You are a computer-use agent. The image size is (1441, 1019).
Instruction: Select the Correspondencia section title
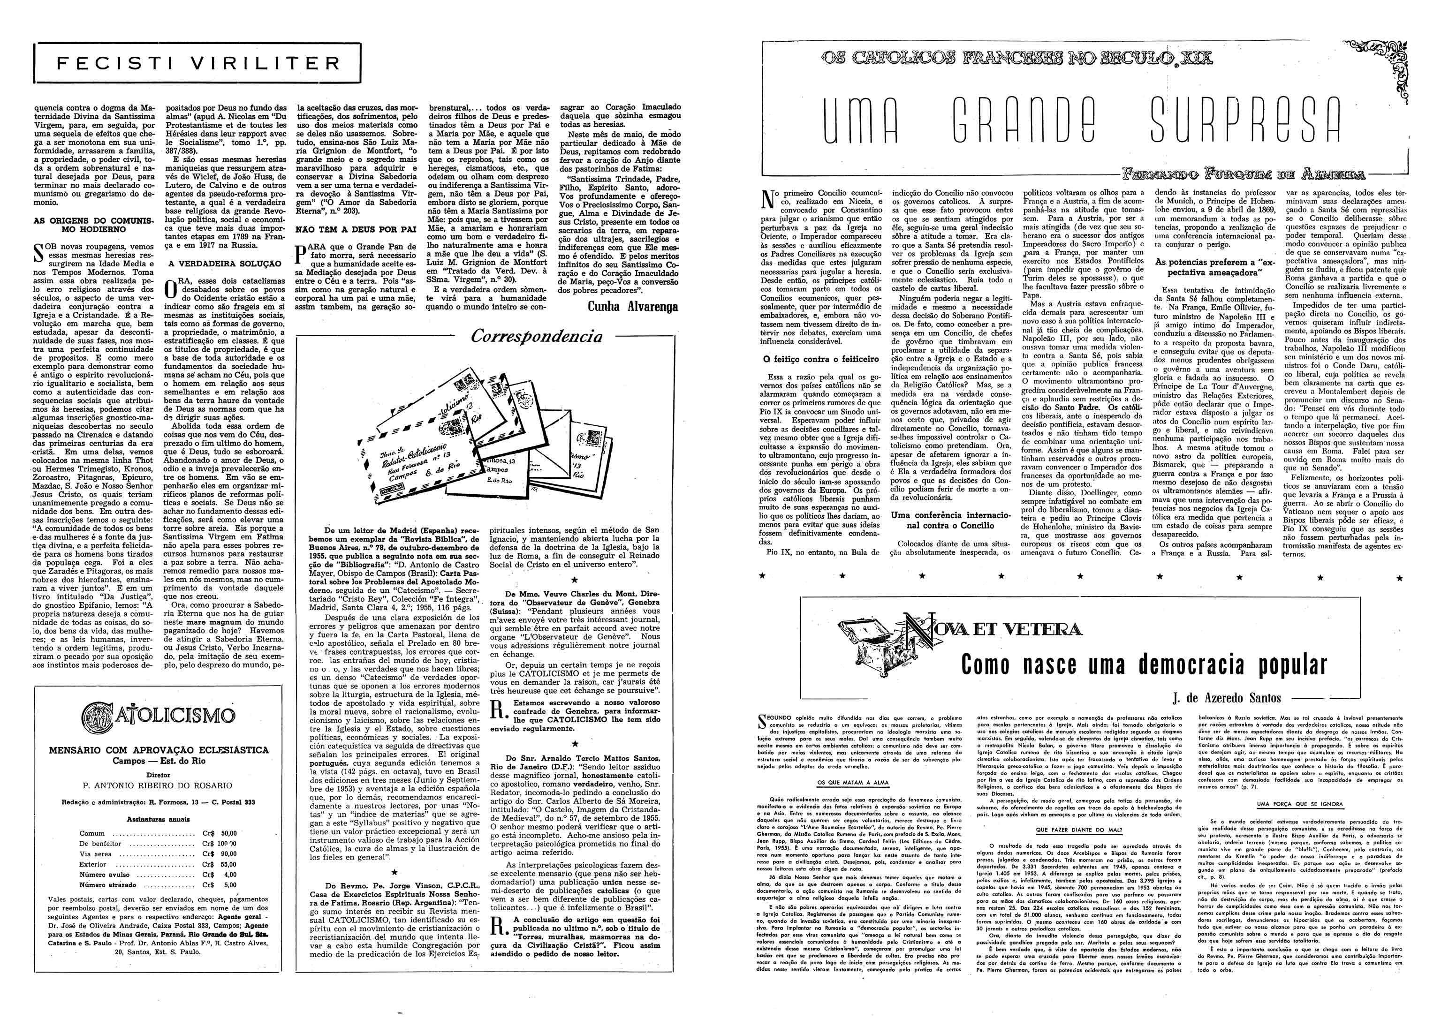tap(536, 336)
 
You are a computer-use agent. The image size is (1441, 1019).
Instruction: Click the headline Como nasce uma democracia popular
tap(1144, 664)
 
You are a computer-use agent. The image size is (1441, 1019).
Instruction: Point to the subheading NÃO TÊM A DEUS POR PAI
tap(356, 230)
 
